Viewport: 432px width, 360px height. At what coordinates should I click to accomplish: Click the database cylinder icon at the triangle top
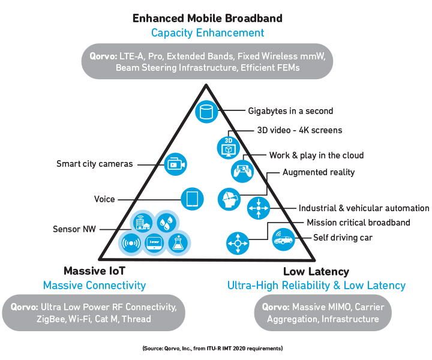pyautogui.click(x=206, y=112)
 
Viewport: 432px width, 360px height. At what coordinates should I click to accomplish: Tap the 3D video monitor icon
pyautogui.click(x=229, y=148)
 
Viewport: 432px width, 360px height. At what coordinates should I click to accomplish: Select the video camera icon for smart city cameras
pyautogui.click(x=175, y=164)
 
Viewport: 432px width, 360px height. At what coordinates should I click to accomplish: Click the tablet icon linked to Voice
pyautogui.click(x=193, y=199)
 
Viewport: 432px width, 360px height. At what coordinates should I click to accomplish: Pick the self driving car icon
pyautogui.click(x=283, y=239)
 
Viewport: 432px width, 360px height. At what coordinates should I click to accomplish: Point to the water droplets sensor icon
pyautogui.click(x=166, y=222)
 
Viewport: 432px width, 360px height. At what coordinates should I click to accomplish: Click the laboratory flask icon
pyautogui.click(x=178, y=243)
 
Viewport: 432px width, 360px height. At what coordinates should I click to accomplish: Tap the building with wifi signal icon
pyautogui.click(x=143, y=222)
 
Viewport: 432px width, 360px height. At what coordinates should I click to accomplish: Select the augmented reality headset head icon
pyautogui.click(x=229, y=199)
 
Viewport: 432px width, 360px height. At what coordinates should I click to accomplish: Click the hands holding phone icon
pyautogui.click(x=242, y=171)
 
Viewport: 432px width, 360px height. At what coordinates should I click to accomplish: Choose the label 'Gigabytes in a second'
pyautogui.click(x=290, y=111)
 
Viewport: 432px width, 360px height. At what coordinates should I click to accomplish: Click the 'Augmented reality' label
pyautogui.click(x=319, y=172)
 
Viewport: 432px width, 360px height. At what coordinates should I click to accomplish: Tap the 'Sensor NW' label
pyautogui.click(x=74, y=229)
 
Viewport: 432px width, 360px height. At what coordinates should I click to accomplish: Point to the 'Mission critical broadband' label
pyautogui.click(x=358, y=223)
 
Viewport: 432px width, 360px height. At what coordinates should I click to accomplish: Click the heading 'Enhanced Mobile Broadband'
pyautogui.click(x=208, y=18)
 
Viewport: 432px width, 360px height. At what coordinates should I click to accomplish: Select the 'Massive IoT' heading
pyautogui.click(x=95, y=271)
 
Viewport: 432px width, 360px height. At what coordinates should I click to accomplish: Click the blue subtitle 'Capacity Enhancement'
pyautogui.click(x=208, y=33)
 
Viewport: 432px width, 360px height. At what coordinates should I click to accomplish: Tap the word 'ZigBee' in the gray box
pyautogui.click(x=51, y=319)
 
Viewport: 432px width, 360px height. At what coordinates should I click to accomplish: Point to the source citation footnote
pyautogui.click(x=212, y=349)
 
